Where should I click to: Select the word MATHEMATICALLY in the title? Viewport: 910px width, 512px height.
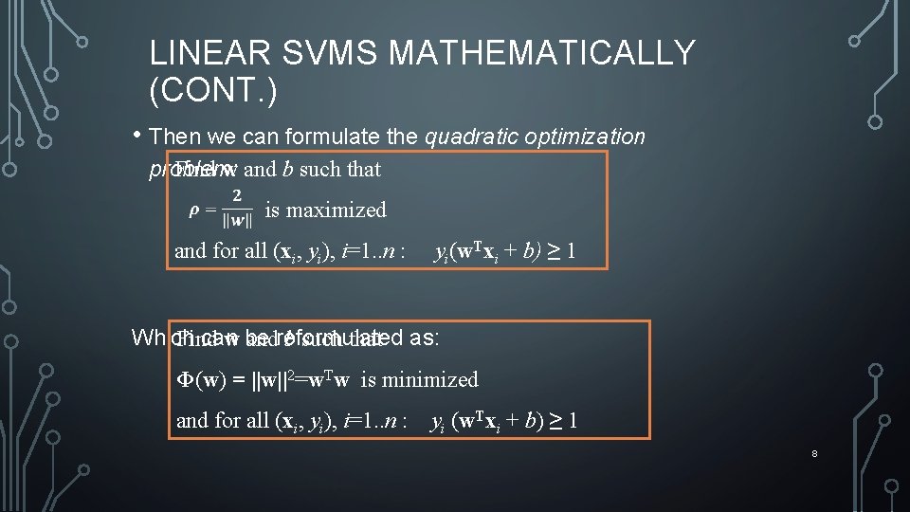click(542, 53)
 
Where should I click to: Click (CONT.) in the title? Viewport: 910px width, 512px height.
click(213, 91)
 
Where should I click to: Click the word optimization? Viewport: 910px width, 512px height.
click(586, 137)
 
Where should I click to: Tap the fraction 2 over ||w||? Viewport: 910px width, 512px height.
click(237, 209)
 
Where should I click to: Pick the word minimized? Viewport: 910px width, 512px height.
click(432, 380)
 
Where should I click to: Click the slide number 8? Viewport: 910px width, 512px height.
click(814, 455)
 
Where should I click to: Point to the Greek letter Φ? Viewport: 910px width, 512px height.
click(187, 380)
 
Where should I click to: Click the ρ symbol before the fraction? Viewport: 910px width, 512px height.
click(194, 210)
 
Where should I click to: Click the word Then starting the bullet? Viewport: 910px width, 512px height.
click(175, 137)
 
